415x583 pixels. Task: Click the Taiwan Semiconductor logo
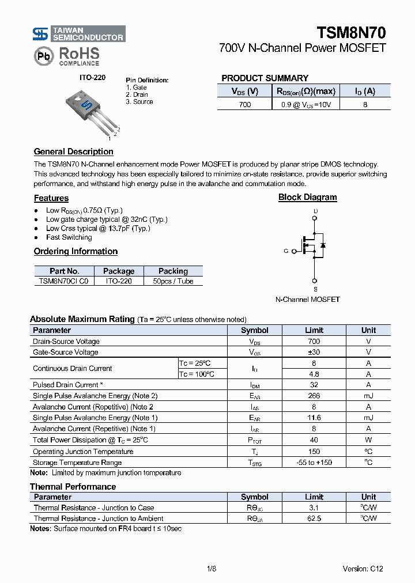78,34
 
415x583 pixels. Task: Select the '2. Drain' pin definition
137,94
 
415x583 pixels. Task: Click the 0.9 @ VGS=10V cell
305,104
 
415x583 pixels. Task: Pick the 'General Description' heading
73,152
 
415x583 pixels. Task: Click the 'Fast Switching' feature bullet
69,237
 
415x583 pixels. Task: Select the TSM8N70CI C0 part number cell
64,281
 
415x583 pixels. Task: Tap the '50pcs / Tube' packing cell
173,281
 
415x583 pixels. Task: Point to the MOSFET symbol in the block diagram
315,245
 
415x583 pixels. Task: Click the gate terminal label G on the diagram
286,251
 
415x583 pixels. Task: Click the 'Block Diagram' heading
307,197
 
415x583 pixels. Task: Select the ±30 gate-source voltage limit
314,352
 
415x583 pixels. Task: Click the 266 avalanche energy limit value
314,396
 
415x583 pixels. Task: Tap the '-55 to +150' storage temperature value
314,463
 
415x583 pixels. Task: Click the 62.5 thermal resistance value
314,518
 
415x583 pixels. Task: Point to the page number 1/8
211,569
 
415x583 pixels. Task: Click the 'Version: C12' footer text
363,569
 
